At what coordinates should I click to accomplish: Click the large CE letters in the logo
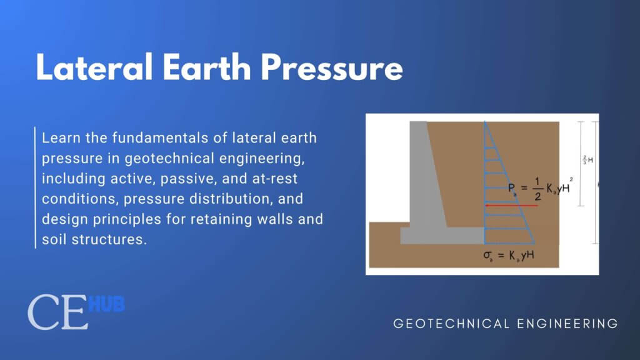click(57, 313)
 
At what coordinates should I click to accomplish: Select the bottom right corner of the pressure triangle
click(534, 242)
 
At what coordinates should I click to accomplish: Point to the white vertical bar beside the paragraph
click(35, 187)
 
